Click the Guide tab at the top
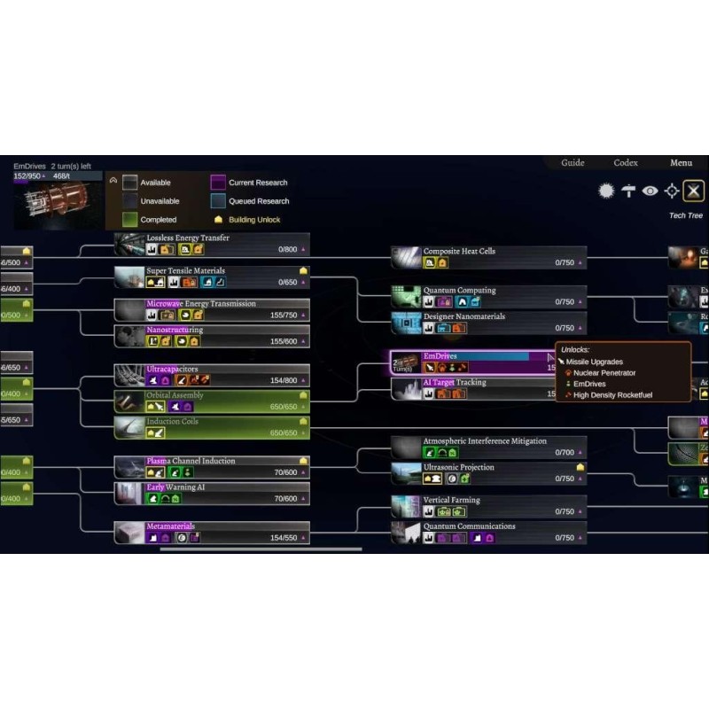click(x=573, y=163)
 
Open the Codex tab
click(x=626, y=163)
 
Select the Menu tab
click(x=681, y=163)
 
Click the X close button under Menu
click(x=694, y=191)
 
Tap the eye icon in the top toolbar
click(x=651, y=191)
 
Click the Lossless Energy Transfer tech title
click(x=187, y=238)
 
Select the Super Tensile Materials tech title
click(x=185, y=271)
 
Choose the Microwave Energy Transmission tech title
click(x=200, y=304)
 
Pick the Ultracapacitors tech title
click(x=172, y=370)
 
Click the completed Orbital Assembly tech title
click(x=175, y=395)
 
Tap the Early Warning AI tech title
click(x=175, y=487)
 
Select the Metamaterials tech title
click(x=170, y=526)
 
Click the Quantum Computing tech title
click(x=459, y=291)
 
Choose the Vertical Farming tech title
click(x=451, y=500)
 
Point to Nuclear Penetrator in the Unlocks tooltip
click(x=605, y=373)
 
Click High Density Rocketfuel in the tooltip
click(x=612, y=395)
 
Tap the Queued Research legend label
click(x=259, y=201)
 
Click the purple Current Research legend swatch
click(x=217, y=183)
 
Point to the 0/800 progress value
click(x=287, y=250)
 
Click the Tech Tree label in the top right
click(x=685, y=215)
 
